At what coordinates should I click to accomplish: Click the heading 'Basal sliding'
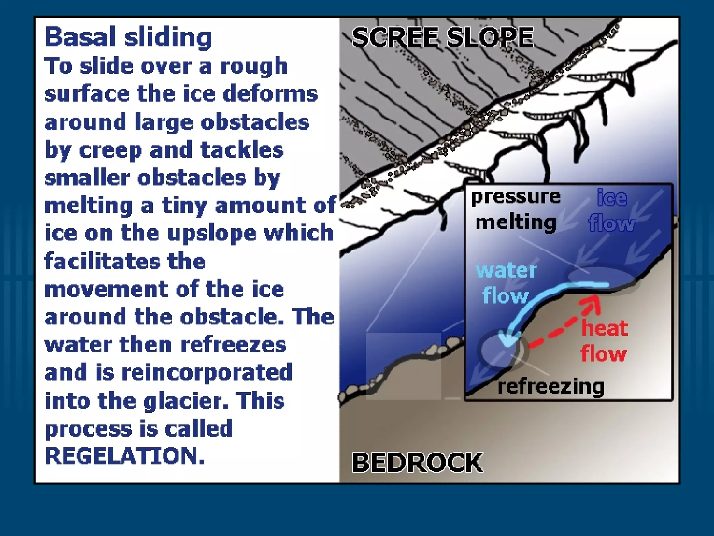[128, 37]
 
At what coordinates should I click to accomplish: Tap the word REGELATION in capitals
[125, 456]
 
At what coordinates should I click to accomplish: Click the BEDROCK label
[417, 462]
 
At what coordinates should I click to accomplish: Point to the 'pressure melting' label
[516, 209]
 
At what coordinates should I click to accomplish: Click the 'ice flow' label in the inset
[612, 211]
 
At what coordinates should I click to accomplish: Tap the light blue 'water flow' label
[506, 283]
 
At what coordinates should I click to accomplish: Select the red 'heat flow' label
[604, 341]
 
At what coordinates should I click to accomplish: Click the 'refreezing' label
[551, 387]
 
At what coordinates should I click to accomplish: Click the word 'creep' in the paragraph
[110, 150]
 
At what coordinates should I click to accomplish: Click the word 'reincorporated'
[207, 372]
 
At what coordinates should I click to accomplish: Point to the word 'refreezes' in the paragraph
[233, 345]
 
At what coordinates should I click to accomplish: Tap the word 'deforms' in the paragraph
[270, 94]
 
